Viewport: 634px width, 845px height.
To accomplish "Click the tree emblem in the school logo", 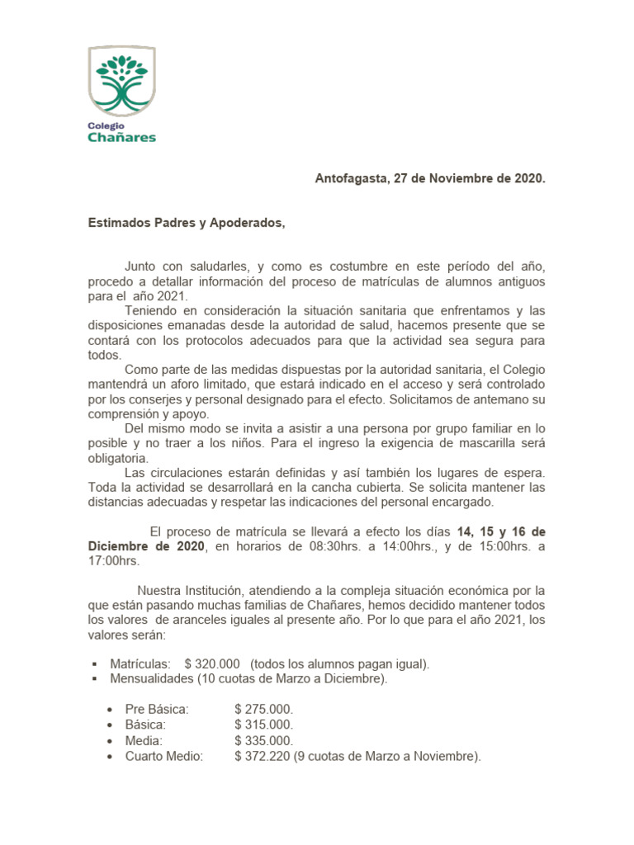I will coord(121,83).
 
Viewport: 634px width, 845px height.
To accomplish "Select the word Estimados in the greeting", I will coord(119,223).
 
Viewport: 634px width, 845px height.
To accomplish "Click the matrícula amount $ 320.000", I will coord(212,663).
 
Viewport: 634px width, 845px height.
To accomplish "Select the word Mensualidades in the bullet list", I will coord(152,678).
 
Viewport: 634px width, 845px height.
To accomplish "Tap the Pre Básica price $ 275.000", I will coord(263,709).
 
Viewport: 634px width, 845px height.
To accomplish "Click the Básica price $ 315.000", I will coord(263,725).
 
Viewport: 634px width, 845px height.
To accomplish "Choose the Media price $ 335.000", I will coord(263,740).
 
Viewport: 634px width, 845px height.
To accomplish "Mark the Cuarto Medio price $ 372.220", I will coord(263,756).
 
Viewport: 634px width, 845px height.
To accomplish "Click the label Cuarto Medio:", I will coord(163,756).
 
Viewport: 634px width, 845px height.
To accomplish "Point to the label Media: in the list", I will coord(144,740).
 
